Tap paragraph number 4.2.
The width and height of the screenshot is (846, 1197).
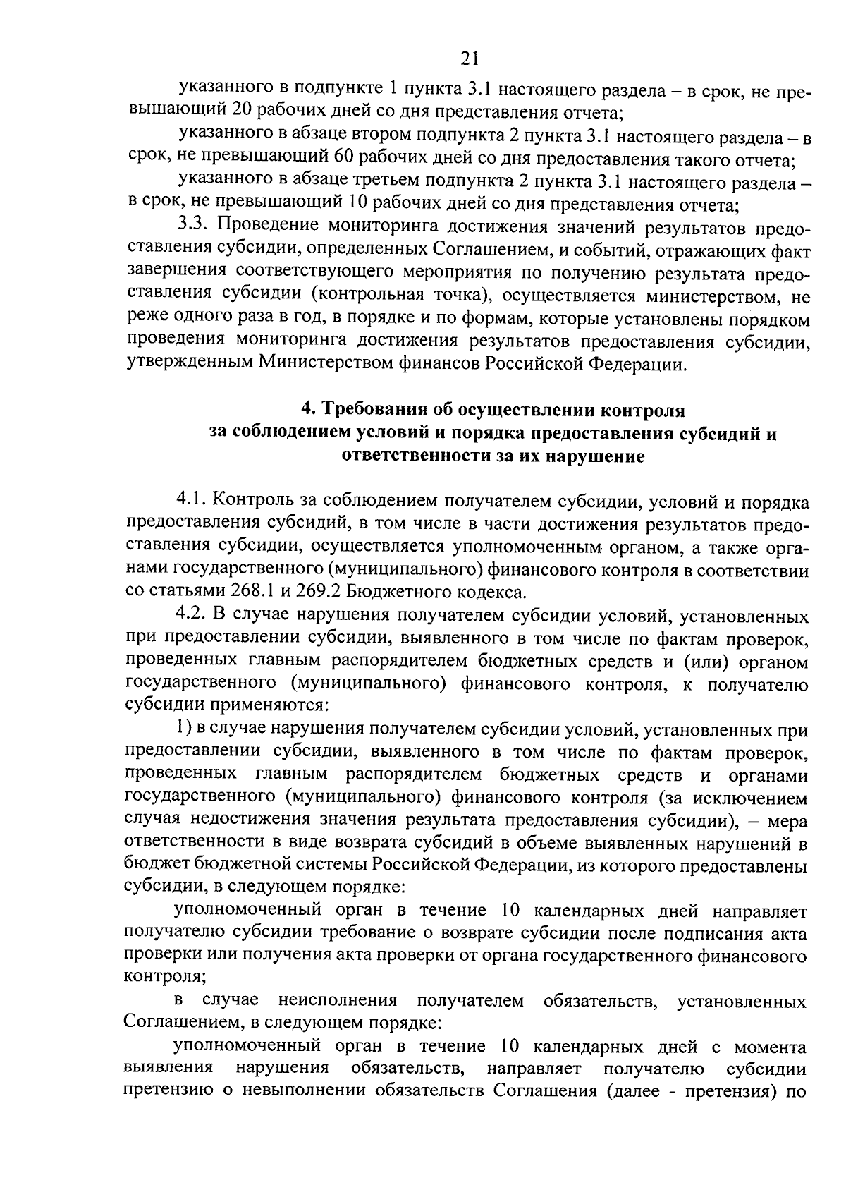click(x=192, y=616)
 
